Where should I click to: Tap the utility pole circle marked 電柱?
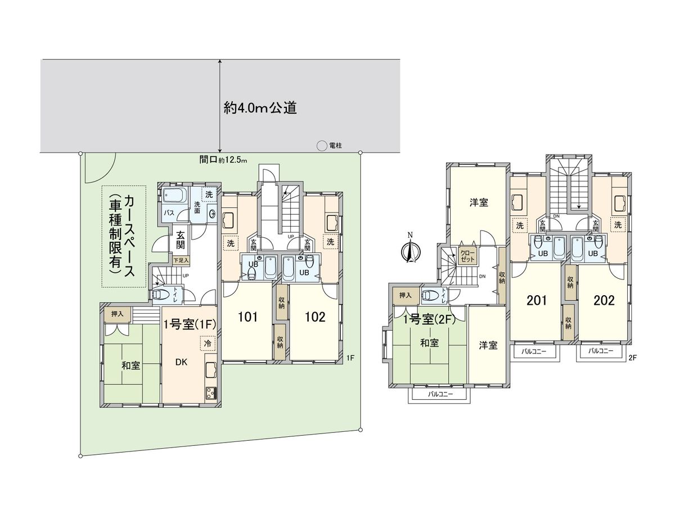(321, 146)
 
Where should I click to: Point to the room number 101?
(247, 317)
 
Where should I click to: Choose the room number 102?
(315, 317)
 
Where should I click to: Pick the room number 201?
(537, 300)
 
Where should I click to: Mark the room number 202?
(604, 300)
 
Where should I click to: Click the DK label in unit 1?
(181, 362)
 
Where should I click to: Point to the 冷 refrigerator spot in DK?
(208, 343)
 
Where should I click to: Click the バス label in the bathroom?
(168, 214)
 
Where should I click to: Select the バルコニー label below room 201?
(535, 350)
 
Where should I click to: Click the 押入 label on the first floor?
(118, 314)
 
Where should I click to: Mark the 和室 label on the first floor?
(131, 365)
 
